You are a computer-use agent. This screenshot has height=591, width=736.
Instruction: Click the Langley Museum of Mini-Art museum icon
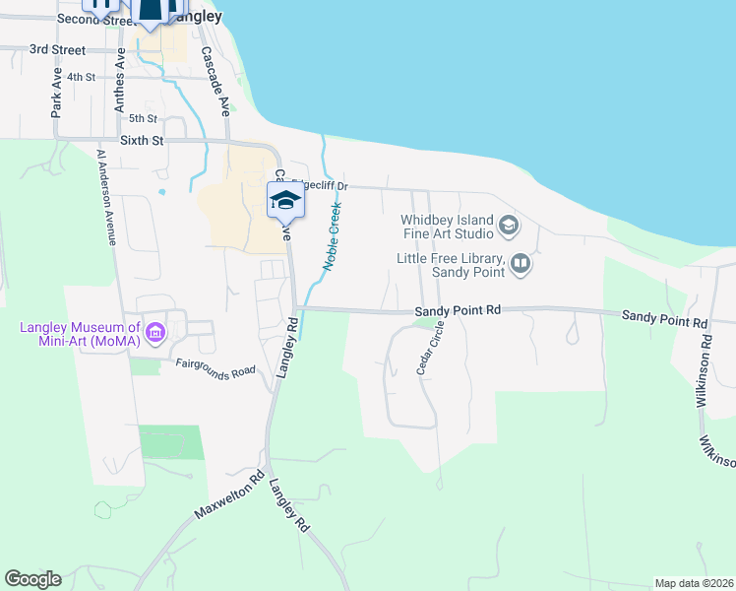tap(154, 334)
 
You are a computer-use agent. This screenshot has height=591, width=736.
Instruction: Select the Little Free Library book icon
tap(521, 263)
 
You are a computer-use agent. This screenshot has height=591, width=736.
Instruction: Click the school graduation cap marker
tap(285, 200)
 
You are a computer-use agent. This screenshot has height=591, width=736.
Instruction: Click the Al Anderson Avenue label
tap(107, 197)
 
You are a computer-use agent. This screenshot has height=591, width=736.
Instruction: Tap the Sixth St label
tap(141, 141)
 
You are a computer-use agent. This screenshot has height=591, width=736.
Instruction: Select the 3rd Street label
tap(58, 48)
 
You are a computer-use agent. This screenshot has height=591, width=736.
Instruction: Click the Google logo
tap(32, 579)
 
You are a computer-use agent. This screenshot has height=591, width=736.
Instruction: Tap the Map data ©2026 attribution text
tap(693, 583)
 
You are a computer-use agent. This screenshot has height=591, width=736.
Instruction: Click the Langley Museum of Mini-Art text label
tap(75, 334)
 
